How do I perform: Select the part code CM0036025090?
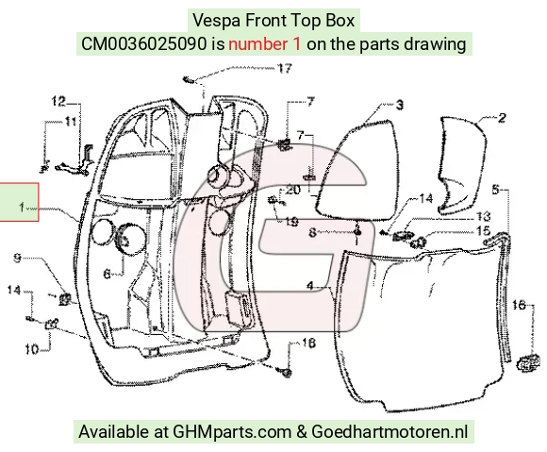(x=143, y=44)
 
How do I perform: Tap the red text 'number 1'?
(x=264, y=44)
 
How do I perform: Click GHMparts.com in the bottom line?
(x=232, y=432)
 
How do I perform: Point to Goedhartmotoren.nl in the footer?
(x=390, y=431)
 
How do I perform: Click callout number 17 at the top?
(x=284, y=68)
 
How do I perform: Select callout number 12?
(x=58, y=102)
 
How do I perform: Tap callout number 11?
(x=70, y=122)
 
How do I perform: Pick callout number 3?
(x=400, y=105)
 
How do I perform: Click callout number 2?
(x=502, y=118)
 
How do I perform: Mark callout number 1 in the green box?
(x=22, y=208)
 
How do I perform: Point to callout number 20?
(x=292, y=190)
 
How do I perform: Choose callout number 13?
(x=483, y=216)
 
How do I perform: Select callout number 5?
(x=496, y=190)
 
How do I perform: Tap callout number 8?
(x=312, y=232)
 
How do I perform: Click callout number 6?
(x=108, y=274)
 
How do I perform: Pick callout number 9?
(x=17, y=258)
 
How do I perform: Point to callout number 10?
(x=32, y=349)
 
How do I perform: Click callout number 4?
(x=310, y=286)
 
